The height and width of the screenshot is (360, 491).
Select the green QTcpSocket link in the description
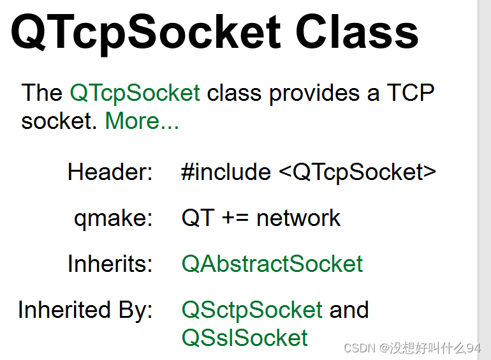pos(135,93)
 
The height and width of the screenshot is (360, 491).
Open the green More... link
pos(142,121)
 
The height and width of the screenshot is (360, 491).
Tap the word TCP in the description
pos(411,93)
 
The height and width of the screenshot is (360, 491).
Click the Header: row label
pos(110,172)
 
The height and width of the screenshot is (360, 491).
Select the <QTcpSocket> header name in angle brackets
pos(358,172)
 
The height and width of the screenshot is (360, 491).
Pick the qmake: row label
pos(113,218)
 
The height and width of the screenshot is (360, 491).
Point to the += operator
pos(235,218)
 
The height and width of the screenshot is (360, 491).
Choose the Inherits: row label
pos(110,264)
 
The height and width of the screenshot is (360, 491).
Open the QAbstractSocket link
pos(272,264)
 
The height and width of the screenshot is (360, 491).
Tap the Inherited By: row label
pos(85,310)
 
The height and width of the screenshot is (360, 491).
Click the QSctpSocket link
pos(252,310)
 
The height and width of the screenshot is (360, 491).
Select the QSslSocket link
pos(245,338)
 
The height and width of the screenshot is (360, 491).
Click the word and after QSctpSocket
pos(349,310)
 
